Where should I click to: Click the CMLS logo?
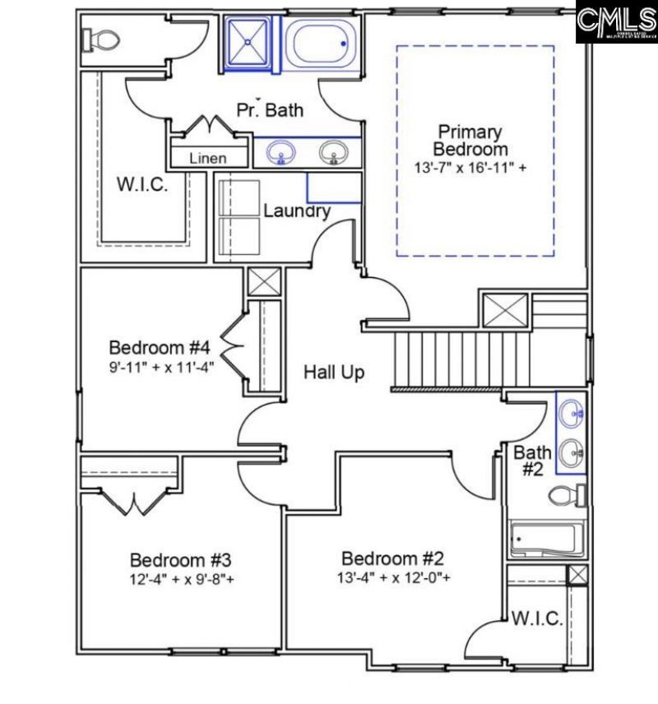[616, 22]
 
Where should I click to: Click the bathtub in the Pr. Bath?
[320, 43]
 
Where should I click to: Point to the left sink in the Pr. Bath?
[282, 153]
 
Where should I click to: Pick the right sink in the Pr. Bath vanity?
[333, 153]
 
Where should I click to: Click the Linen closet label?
[207, 158]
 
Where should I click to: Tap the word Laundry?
[297, 211]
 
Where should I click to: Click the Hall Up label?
[334, 373]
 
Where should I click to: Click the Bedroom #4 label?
[160, 345]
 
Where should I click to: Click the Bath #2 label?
[532, 460]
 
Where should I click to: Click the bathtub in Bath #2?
[547, 540]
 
